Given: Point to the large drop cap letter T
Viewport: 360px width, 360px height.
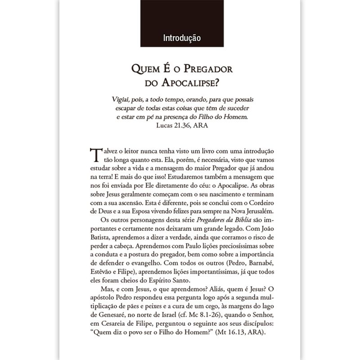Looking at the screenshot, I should pyautogui.click(x=95, y=155).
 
